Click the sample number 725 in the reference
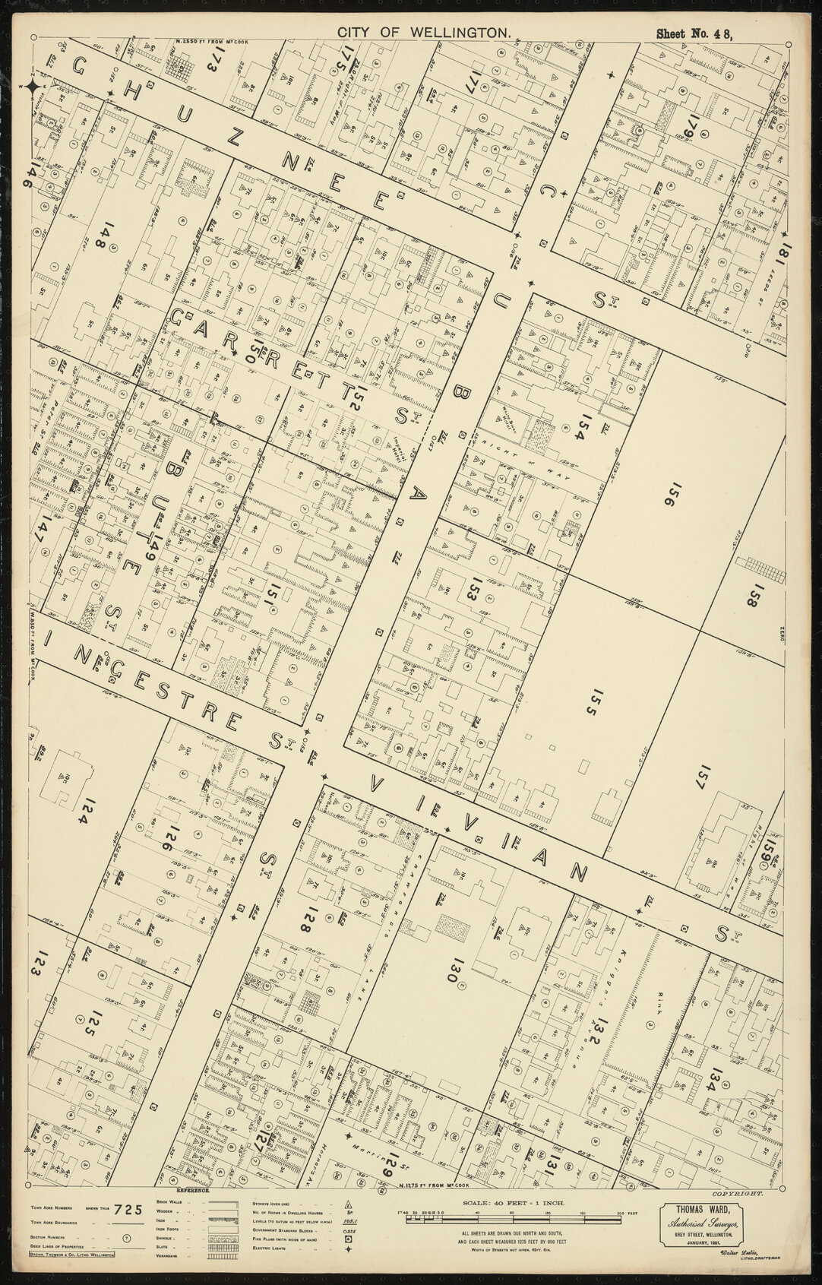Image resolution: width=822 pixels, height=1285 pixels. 128,1211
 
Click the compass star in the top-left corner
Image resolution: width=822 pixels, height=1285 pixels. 33,88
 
